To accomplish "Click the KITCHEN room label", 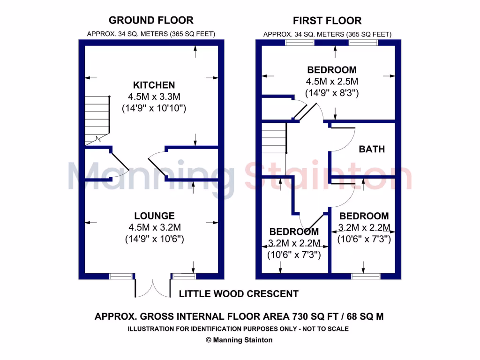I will tap(154, 85).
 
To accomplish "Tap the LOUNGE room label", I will tap(154, 216).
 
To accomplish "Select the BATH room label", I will tap(372, 149).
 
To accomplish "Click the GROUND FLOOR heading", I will tap(151, 20).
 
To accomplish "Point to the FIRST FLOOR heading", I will tap(327, 21).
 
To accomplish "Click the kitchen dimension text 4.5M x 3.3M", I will tap(154, 97).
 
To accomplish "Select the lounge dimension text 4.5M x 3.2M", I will tap(154, 227).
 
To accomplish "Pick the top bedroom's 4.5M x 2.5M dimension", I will tap(332, 81).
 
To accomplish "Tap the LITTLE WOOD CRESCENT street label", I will tap(239, 294).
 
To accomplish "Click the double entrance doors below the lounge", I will tap(153, 287).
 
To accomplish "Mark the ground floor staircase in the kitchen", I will tap(97, 120).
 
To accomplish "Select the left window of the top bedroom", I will tap(300, 43).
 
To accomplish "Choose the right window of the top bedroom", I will tap(363, 43).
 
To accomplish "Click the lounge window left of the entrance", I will tap(121, 277).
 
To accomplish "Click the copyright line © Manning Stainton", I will tap(239, 340).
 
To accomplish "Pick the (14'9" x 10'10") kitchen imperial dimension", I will tap(154, 109).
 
